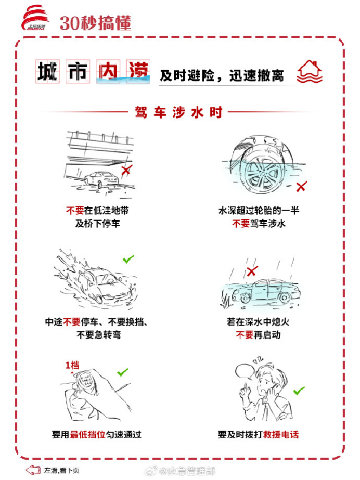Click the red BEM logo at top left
tap(35, 18)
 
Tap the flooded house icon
tap(310, 71)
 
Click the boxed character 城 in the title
tap(47, 71)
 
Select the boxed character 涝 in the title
tap(138, 71)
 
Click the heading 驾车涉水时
tap(178, 112)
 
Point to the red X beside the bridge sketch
tap(126, 170)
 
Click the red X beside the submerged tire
tap(302, 186)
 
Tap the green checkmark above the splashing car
tap(128, 259)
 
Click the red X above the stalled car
tap(252, 270)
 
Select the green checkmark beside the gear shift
tap(123, 372)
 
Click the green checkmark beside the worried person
tap(299, 391)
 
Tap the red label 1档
tap(72, 365)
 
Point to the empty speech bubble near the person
tap(246, 371)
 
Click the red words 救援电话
tap(281, 434)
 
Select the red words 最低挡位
tap(87, 434)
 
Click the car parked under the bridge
tap(101, 179)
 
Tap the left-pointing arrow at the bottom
tap(33, 470)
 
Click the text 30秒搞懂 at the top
tap(96, 23)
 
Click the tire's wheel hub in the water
tap(262, 175)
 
